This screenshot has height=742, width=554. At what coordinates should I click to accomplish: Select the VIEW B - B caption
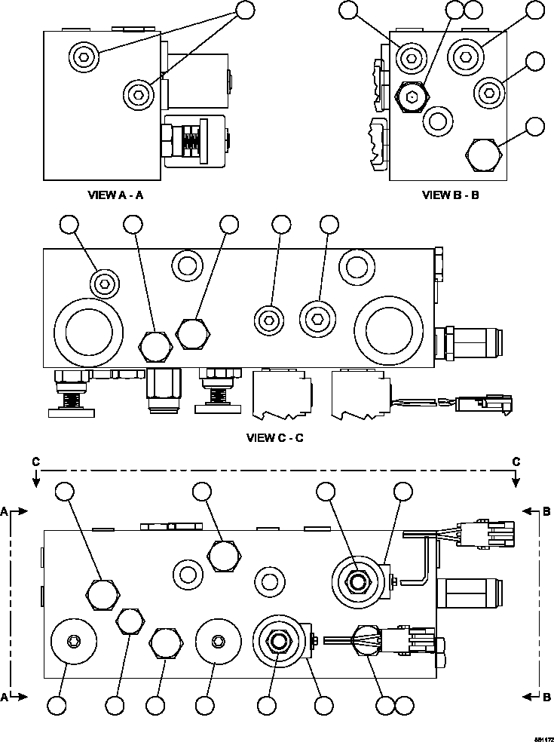[x=450, y=195]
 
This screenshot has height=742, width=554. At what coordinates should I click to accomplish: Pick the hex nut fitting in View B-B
[x=410, y=96]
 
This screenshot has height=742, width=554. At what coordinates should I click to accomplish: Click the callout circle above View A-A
[x=246, y=9]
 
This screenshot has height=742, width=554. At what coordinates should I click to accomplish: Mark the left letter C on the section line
[x=35, y=461]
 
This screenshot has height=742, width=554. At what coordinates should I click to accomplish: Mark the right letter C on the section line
[x=516, y=461]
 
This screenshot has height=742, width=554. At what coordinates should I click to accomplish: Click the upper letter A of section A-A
[x=5, y=511]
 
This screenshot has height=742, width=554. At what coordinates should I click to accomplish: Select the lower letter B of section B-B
[x=547, y=698]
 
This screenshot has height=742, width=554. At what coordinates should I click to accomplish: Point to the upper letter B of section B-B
[x=547, y=511]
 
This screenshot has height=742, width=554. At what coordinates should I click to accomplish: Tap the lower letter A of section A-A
[x=5, y=698]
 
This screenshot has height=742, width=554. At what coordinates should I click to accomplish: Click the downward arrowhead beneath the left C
[x=35, y=483]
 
